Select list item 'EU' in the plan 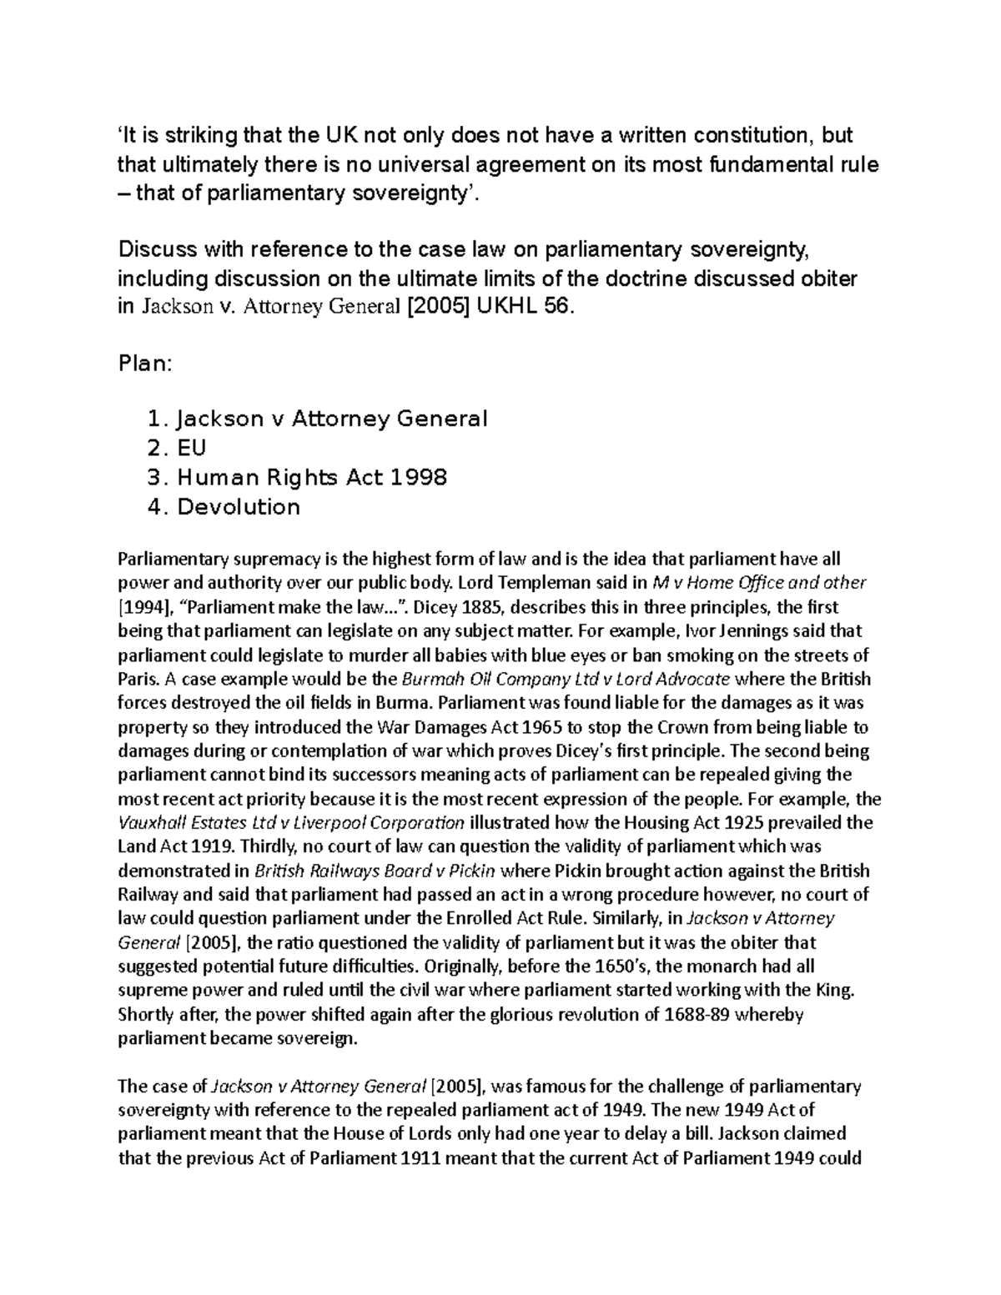[191, 448]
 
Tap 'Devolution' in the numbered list [238, 506]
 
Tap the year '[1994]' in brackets [143, 606]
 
